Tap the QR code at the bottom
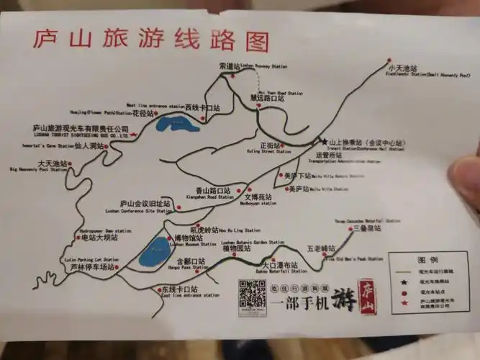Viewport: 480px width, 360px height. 252,294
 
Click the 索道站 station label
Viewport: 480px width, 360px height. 230,66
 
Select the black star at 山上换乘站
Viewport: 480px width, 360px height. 325,142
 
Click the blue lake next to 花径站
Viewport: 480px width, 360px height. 171,128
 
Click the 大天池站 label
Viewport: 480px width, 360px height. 53,163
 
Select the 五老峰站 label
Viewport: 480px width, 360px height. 320,248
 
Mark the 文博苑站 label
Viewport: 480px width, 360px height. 258,197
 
